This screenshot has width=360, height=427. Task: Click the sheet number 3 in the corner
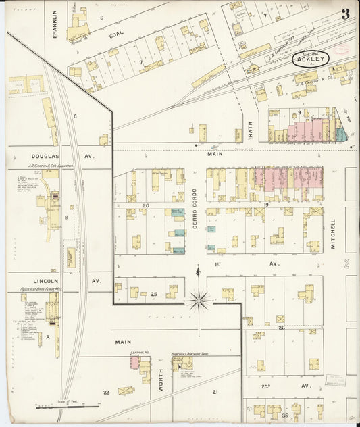coord(345,14)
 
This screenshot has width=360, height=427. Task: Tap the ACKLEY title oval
coord(311,59)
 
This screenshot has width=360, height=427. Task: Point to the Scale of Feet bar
coord(68,407)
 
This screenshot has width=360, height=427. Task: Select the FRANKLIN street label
coord(56,20)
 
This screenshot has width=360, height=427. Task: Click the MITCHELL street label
coord(333,234)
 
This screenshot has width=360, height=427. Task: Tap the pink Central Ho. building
coord(134,363)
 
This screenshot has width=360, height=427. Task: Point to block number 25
coord(154,295)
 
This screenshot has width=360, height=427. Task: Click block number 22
coord(105,392)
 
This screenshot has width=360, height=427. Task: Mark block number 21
coord(215,392)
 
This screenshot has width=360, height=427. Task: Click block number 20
coord(145,205)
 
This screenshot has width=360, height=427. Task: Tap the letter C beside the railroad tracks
coord(76,116)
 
